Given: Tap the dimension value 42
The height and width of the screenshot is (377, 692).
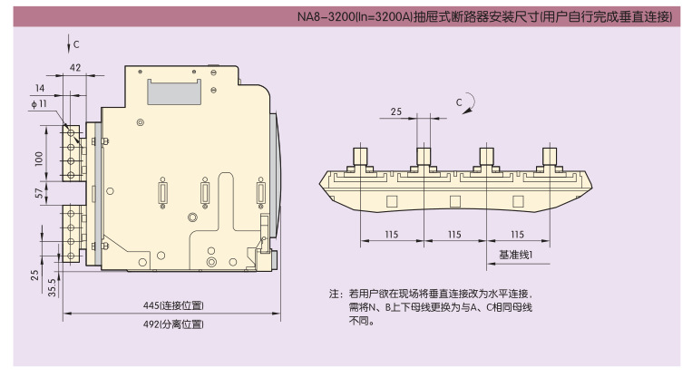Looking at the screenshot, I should (75, 67).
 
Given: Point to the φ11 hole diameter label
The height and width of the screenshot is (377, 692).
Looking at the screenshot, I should (38, 105).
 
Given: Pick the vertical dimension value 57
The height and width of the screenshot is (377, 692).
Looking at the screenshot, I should (37, 193).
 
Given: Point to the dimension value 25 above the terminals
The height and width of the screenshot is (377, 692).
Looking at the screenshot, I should (395, 111).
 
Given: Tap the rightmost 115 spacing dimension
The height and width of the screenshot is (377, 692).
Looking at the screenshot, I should (518, 235).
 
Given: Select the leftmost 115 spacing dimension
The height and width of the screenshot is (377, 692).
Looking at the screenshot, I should (391, 235).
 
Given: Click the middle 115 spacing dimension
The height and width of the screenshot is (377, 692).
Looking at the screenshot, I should (454, 235).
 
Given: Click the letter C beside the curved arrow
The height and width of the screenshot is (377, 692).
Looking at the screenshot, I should (459, 100).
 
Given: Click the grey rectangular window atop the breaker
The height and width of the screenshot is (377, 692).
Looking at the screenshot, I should (174, 89).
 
